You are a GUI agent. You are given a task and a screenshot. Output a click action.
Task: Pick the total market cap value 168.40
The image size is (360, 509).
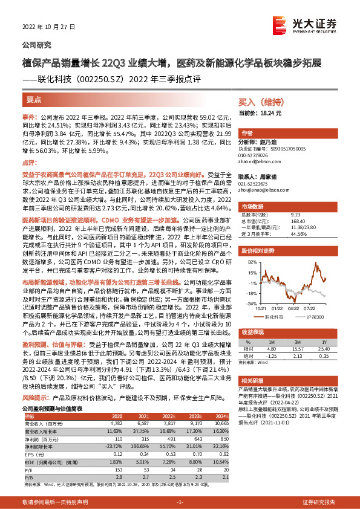click(x=298, y=221)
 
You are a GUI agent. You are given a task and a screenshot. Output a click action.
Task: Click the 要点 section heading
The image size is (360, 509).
click(x=34, y=99)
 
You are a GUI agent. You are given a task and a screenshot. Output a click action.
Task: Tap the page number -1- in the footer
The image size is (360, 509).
click(x=180, y=502)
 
